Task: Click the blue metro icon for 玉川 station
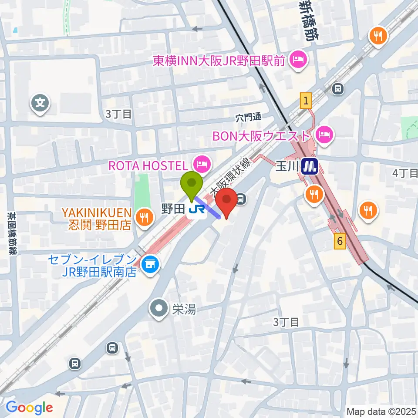pyautogui.click(x=310, y=166)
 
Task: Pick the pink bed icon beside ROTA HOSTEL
pyautogui.click(x=202, y=164)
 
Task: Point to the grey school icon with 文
pyautogui.click(x=40, y=103)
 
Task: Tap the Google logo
pyautogui.click(x=29, y=408)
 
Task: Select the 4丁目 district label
pyautogui.click(x=405, y=173)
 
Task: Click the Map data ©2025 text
pyautogui.click(x=381, y=411)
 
